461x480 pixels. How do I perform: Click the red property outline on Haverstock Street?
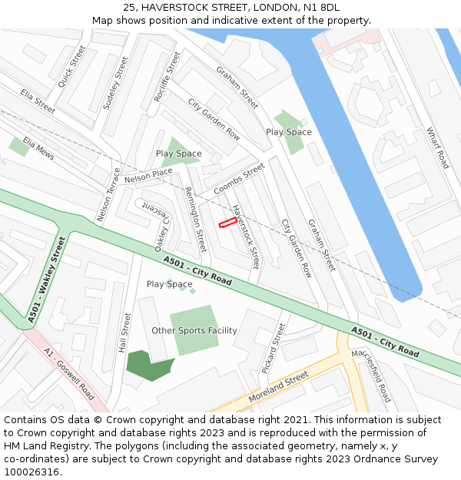point(227,223)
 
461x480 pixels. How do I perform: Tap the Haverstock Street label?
point(247,236)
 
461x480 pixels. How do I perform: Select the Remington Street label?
point(196,220)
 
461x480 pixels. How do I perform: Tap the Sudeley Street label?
point(115,82)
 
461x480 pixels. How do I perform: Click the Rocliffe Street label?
point(168,76)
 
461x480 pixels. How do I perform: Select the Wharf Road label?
point(437,147)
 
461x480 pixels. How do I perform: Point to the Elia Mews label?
point(39,148)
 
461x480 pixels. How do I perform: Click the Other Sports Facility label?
point(194,331)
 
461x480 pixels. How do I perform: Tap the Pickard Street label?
point(273,348)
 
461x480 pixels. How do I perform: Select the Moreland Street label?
point(278,387)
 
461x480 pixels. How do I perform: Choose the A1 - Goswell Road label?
point(69,374)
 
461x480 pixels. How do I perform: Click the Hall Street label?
point(125,332)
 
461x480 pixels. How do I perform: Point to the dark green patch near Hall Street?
point(145,366)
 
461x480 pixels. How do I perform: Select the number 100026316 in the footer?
point(31,472)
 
